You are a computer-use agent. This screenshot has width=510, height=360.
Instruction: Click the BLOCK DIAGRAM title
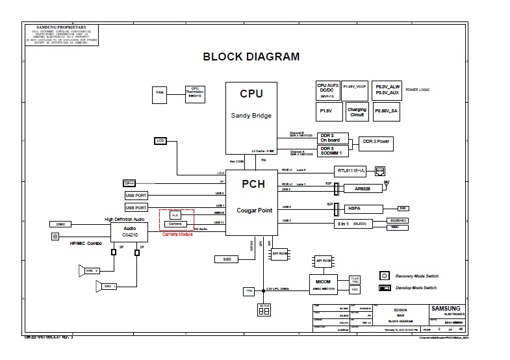251,57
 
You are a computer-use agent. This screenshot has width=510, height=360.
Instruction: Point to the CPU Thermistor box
194,94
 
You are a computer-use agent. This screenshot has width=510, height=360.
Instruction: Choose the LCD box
160,140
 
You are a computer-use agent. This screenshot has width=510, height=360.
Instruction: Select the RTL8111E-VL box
351,170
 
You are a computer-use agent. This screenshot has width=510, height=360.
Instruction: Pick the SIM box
403,208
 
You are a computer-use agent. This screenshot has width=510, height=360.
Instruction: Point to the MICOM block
329,285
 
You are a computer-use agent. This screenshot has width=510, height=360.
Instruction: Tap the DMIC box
61,224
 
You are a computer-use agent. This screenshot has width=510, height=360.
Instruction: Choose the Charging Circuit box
357,112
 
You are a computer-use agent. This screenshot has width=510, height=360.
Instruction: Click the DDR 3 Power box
376,142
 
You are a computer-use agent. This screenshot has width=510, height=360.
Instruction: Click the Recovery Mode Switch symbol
384,276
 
